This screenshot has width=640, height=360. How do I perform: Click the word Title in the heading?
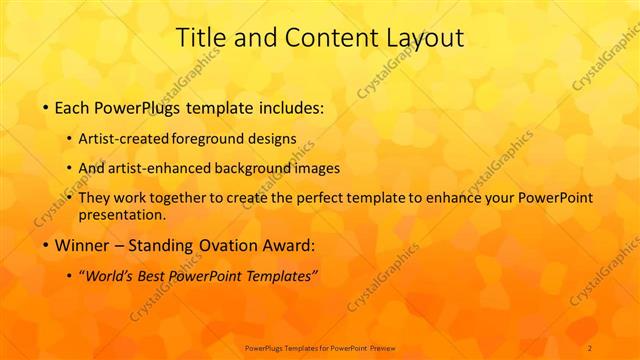tap(198, 38)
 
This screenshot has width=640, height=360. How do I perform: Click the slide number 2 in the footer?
tap(590, 347)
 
